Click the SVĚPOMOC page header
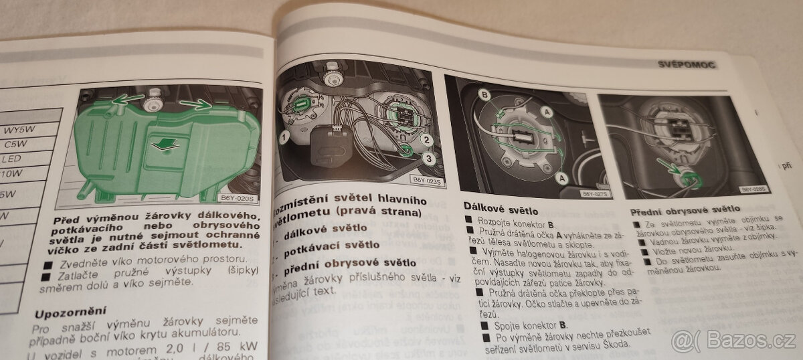pos(687,65)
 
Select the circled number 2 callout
pos(426,141)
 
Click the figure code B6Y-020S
pos(237,197)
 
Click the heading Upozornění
pos(71,312)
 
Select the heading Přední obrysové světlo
pos(685,209)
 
